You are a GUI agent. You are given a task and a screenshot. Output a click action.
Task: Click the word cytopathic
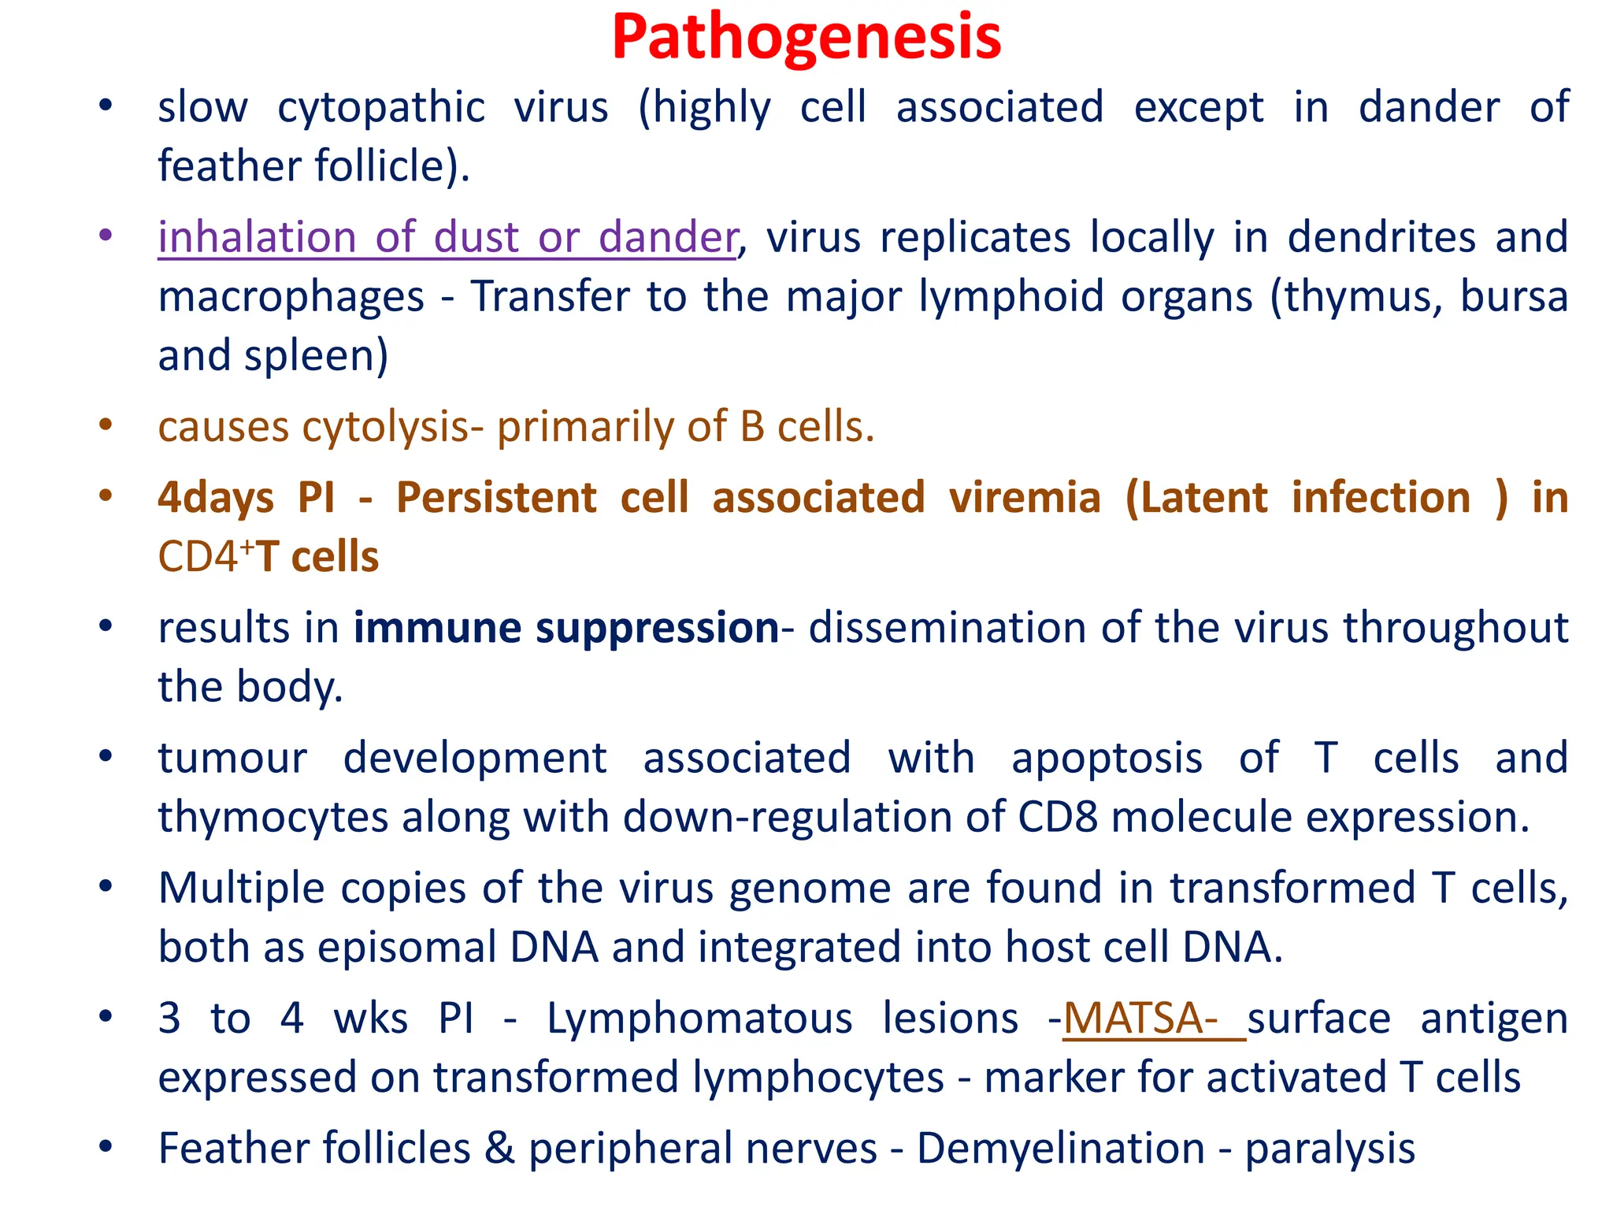tap(381, 108)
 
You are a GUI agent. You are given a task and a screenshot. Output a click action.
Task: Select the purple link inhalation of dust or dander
tap(447, 237)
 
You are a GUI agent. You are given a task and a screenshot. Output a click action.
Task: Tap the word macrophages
tap(291, 297)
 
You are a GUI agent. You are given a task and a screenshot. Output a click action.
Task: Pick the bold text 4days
tap(216, 498)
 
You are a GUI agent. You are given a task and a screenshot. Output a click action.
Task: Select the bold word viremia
tap(1024, 498)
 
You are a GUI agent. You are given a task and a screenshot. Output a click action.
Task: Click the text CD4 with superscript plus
tap(203, 556)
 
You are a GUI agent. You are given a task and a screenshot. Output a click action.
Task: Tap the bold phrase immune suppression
tap(565, 628)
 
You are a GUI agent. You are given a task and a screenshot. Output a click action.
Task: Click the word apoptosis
tap(1107, 758)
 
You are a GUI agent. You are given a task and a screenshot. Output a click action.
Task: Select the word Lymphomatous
tap(699, 1018)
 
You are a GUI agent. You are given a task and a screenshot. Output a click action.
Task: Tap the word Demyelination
tap(1060, 1148)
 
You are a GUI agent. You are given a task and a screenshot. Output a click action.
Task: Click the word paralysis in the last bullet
tap(1329, 1149)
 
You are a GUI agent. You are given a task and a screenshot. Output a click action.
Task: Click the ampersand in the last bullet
tap(499, 1148)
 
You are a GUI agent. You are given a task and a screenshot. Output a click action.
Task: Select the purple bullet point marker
tap(106, 236)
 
